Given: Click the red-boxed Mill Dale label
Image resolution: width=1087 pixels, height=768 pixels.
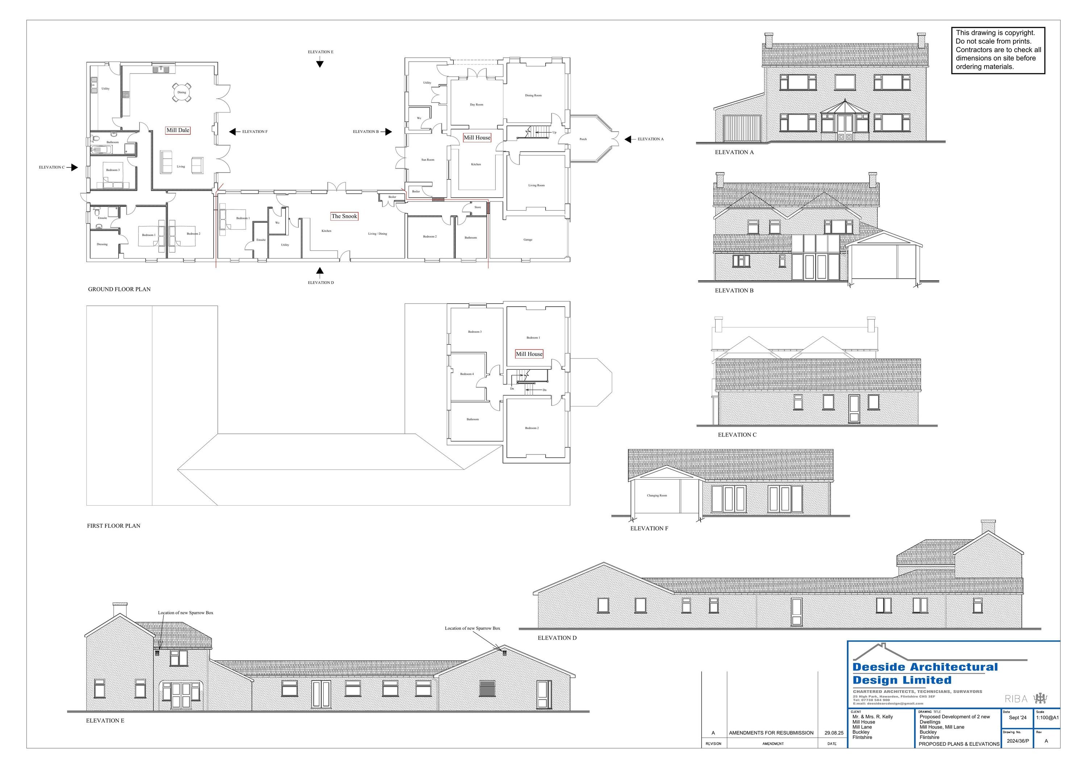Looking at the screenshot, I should click(x=178, y=130).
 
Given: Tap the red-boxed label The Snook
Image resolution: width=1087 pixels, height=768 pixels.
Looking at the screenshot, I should click(x=344, y=216).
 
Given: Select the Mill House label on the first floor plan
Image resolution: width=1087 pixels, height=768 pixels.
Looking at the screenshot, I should click(x=529, y=354).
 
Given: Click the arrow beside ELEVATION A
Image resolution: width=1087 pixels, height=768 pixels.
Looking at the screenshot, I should click(x=628, y=139).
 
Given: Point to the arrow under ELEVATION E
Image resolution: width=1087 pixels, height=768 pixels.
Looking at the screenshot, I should click(x=320, y=64).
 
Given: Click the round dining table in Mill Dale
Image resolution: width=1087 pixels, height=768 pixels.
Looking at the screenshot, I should click(x=182, y=92).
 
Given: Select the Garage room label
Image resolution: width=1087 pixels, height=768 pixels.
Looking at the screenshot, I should click(x=528, y=240).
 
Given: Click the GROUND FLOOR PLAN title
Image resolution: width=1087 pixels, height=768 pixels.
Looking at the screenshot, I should click(x=119, y=289).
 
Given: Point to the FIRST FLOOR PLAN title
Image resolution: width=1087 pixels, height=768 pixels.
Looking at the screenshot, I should click(x=114, y=526).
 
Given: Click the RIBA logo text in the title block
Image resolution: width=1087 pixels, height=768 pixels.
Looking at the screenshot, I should click(x=1016, y=699).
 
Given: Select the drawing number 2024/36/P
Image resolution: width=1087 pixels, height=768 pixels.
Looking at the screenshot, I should click(x=1017, y=741).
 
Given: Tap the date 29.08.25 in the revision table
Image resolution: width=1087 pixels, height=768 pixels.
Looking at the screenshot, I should click(x=834, y=733).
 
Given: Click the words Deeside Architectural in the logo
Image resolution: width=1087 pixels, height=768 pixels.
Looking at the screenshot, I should click(x=925, y=667).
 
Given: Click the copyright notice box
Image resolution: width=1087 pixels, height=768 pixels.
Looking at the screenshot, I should click(x=998, y=50).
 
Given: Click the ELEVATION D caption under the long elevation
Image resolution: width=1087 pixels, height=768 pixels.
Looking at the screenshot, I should click(x=557, y=638).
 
